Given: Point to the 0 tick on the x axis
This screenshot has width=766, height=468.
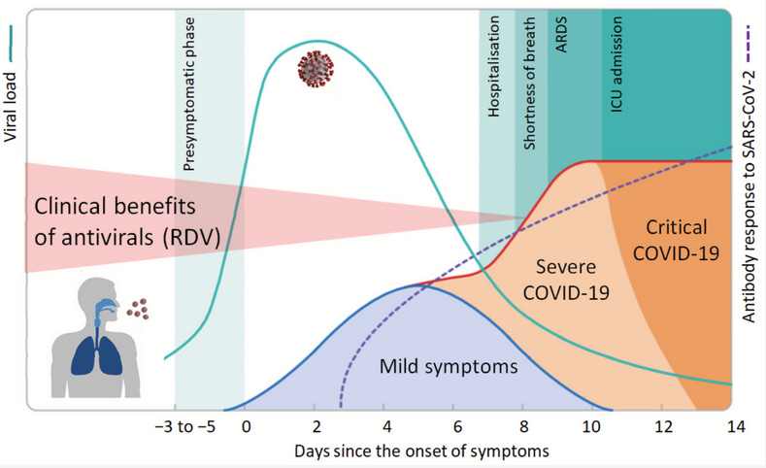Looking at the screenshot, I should tap(247, 427).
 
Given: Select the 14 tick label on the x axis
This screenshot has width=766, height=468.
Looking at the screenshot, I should tap(732, 427).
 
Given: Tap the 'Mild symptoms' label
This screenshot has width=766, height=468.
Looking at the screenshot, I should tap(449, 367).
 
